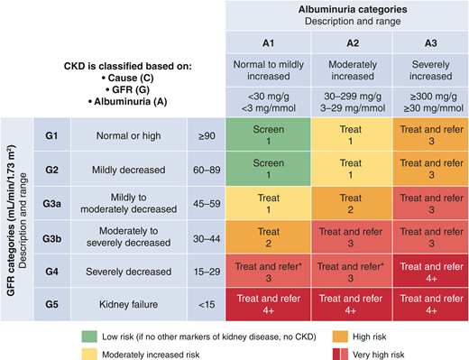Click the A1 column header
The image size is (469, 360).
268,42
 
